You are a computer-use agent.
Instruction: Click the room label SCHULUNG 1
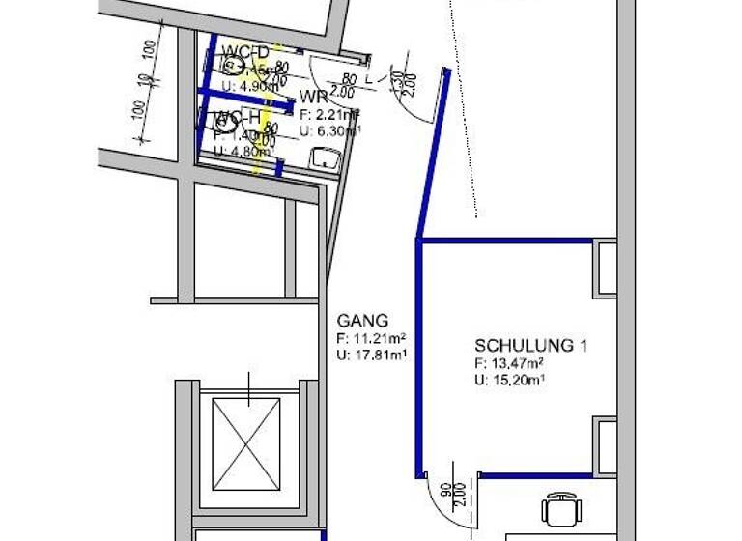[x=529, y=345]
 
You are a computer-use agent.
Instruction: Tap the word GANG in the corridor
[x=362, y=321]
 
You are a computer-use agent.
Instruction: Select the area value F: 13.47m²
[x=508, y=363]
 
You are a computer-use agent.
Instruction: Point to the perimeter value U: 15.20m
[x=510, y=380]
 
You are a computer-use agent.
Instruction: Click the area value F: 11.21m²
[x=371, y=338]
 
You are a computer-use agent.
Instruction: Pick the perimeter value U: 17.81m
[x=371, y=355]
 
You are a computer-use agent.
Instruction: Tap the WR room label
[x=312, y=98]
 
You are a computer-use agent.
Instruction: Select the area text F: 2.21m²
[x=329, y=115]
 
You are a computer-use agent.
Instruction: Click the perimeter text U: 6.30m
[x=329, y=130]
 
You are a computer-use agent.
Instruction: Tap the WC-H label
[x=236, y=119]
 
